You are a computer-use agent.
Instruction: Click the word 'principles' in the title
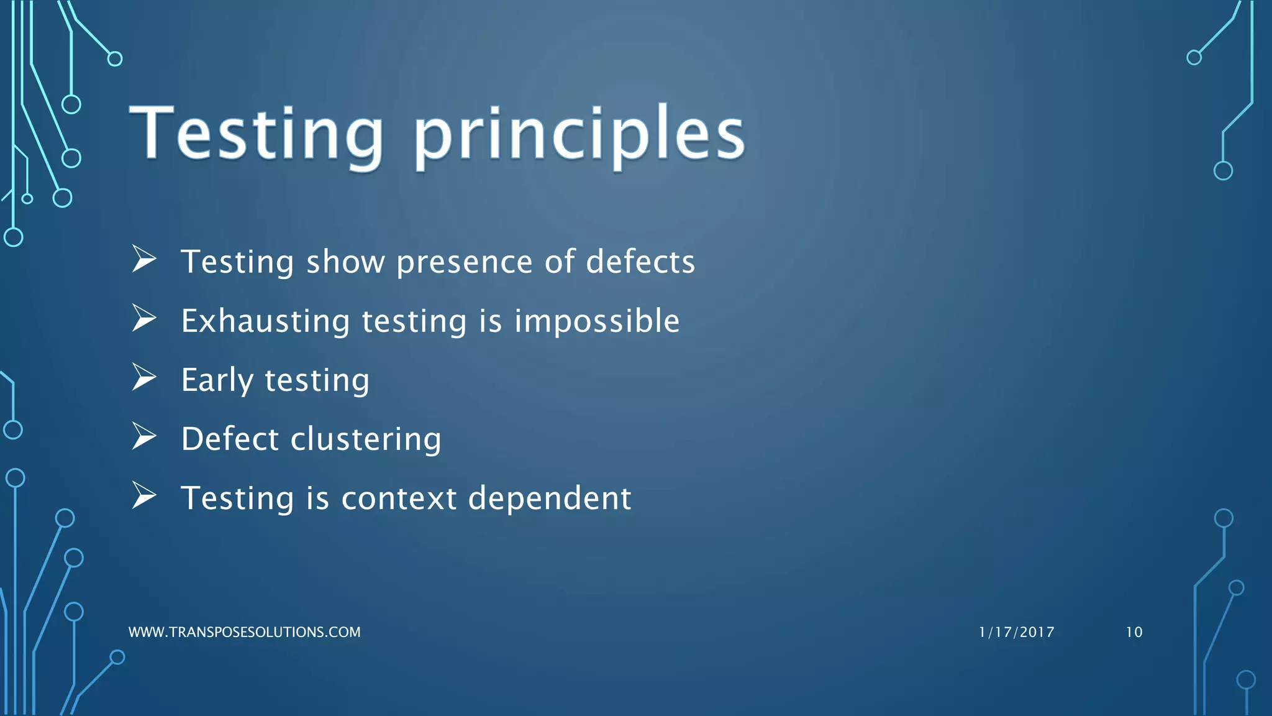[x=579, y=135]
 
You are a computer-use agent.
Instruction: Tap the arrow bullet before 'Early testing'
[x=144, y=378]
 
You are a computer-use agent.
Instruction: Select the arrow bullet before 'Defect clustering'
[x=144, y=437]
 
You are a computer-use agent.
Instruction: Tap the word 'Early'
[x=217, y=380]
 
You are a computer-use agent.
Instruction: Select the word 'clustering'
[x=366, y=439]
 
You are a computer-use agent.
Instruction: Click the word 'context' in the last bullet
[x=399, y=498]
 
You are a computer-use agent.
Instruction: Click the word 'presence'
[x=464, y=262]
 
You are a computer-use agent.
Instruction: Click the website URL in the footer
[x=244, y=632]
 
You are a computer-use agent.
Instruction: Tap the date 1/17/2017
[x=1016, y=632]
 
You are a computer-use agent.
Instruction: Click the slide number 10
[x=1133, y=632]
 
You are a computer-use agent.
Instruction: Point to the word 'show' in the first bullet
[x=345, y=262]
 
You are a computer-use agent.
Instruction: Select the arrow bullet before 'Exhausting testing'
[x=144, y=319]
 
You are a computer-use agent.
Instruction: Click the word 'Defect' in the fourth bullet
[x=230, y=439]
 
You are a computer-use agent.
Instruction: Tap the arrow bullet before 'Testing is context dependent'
[x=144, y=496]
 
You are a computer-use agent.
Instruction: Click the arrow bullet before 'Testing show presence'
[x=144, y=259]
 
